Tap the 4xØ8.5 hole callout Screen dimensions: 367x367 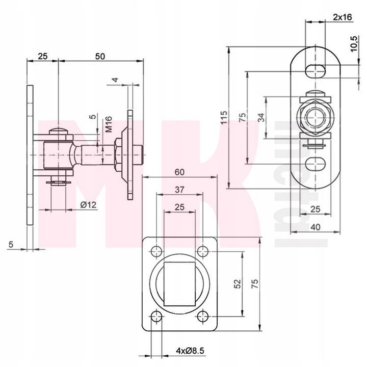[178, 351]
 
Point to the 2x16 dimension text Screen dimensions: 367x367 [342, 17]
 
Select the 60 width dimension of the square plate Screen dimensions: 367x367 [179, 172]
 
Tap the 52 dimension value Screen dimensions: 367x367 [238, 283]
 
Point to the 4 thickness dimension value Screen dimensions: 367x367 [116, 80]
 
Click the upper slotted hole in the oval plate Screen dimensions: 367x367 [316, 70]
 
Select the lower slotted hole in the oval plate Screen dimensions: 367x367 [316, 164]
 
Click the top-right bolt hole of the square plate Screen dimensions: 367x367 [203, 251]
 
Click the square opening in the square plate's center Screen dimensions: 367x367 [179, 283]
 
